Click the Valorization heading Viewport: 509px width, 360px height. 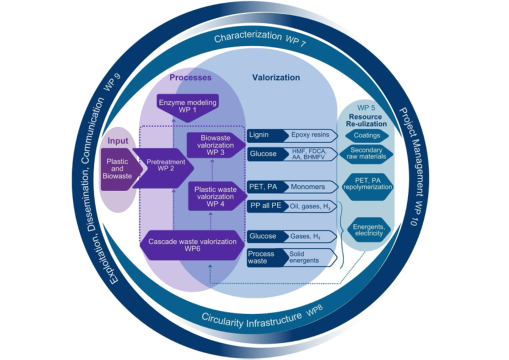click(276, 77)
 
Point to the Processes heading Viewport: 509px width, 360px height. click(190, 77)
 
